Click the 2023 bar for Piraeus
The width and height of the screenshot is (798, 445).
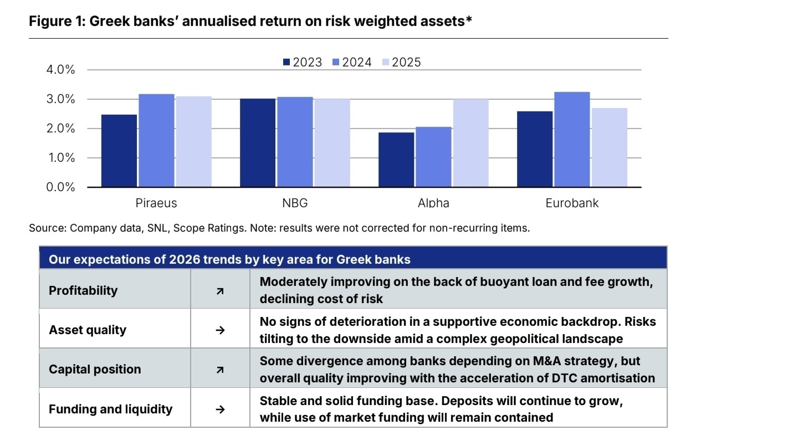(x=119, y=151)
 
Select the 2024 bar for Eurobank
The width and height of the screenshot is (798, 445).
(x=572, y=140)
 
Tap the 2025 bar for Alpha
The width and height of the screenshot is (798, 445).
(x=470, y=143)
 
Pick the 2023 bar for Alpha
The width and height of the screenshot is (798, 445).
(x=396, y=160)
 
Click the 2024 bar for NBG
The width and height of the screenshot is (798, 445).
(x=295, y=142)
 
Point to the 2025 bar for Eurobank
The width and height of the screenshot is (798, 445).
(x=609, y=147)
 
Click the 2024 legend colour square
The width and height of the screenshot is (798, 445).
(x=336, y=63)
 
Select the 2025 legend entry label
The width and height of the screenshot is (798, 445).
(x=406, y=63)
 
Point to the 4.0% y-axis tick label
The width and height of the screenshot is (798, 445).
(x=60, y=69)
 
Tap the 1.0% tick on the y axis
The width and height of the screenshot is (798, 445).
(x=62, y=157)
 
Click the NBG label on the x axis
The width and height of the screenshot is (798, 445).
(x=295, y=203)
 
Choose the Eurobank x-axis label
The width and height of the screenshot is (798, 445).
(x=572, y=203)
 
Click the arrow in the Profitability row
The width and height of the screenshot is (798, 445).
(x=220, y=291)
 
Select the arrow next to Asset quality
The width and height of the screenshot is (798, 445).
(x=220, y=330)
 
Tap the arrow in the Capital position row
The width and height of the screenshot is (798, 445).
(x=220, y=370)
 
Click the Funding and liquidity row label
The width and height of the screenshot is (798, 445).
(x=110, y=409)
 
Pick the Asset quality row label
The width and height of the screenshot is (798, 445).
(x=88, y=330)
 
